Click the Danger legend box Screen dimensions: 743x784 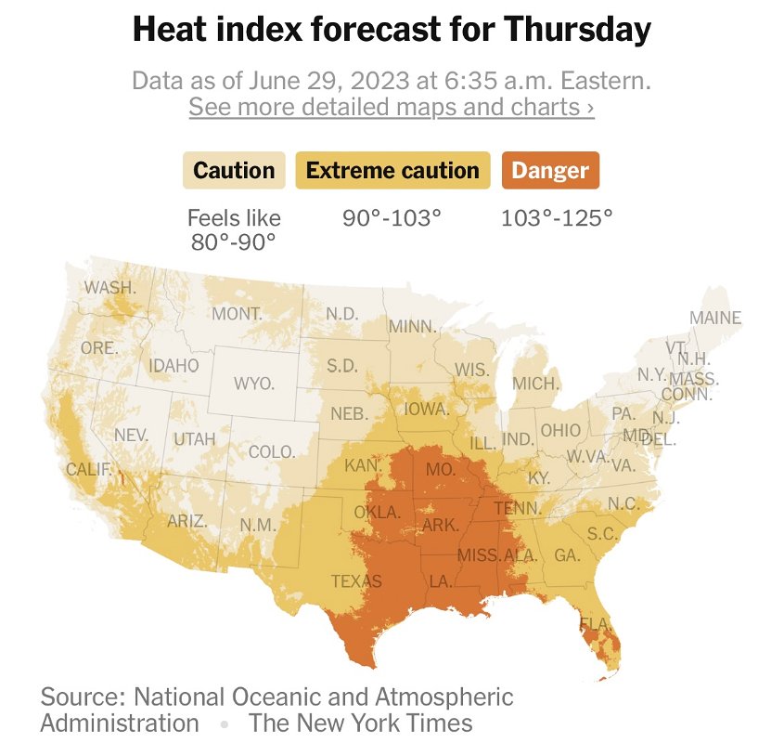pos(550,171)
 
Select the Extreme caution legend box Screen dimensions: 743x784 pos(392,171)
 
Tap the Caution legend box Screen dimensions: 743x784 pos(234,171)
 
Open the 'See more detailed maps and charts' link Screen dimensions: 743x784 pos(392,107)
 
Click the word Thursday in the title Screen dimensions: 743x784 pos(577,32)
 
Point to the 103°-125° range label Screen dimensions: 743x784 pos(557,219)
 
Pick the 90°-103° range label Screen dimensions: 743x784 pos(392,219)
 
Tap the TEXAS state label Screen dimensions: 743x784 pos(356,582)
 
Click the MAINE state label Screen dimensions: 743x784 pos(715,319)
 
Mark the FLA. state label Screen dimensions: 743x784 pos(595,622)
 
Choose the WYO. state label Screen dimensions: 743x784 pos(253,383)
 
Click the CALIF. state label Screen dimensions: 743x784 pos(89,469)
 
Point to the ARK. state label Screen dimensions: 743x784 pos(440,526)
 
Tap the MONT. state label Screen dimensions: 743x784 pos(237,314)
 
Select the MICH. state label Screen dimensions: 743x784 pos(536,384)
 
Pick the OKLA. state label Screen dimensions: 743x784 pos(377,513)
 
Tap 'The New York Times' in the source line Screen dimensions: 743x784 pos(360,723)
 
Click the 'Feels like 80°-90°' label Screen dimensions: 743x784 pos(234,230)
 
